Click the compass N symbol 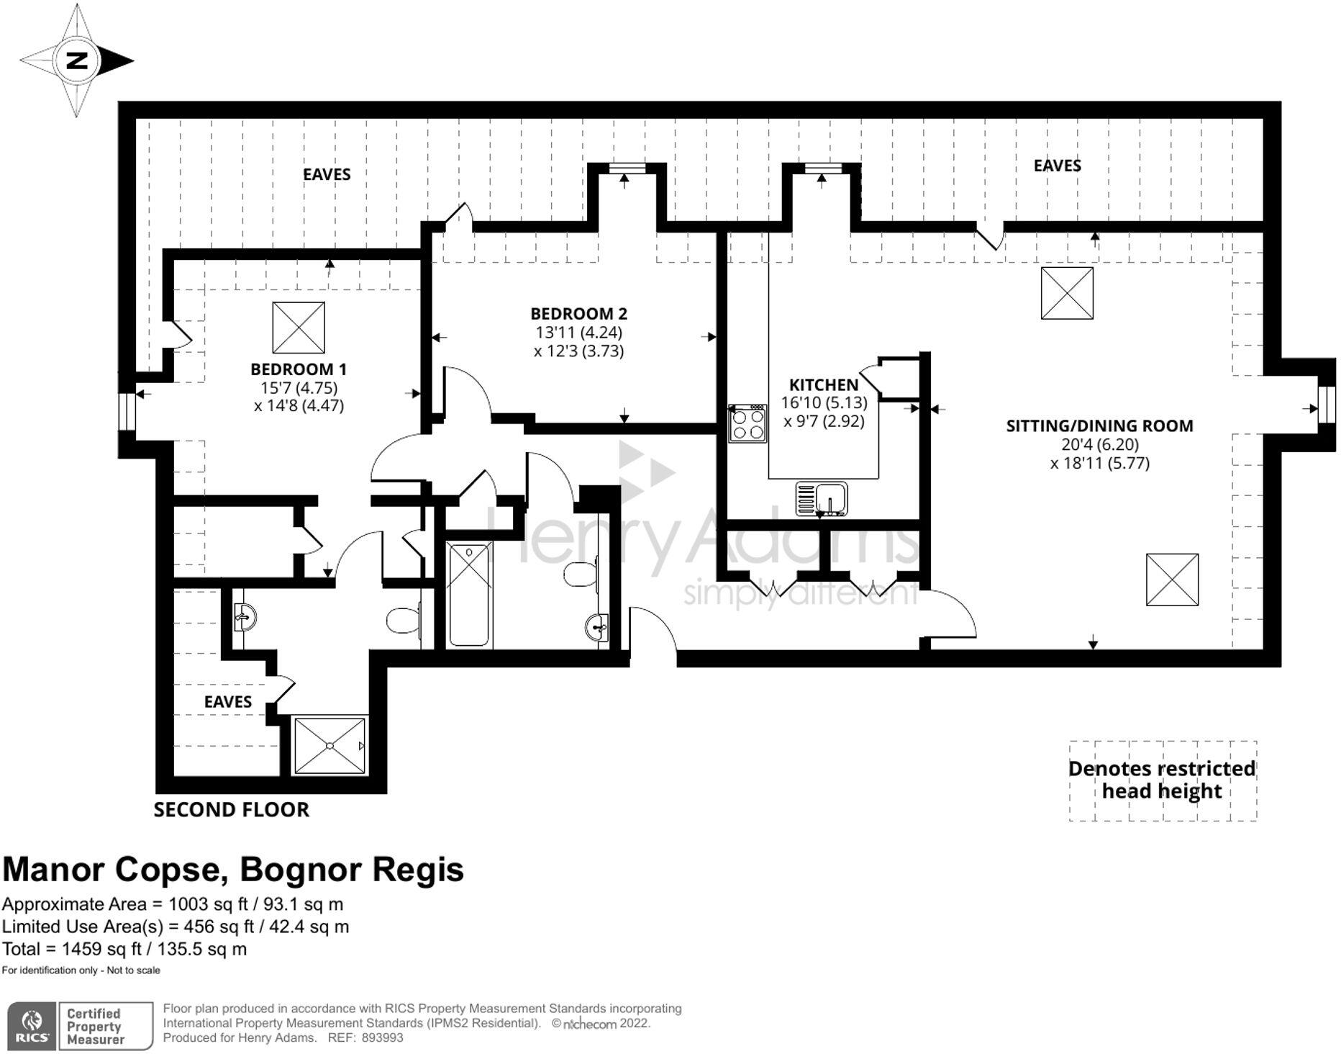click(x=76, y=60)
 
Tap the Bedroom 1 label click(x=299, y=369)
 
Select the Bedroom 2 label click(x=578, y=314)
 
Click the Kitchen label click(x=824, y=384)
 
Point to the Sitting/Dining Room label click(x=1099, y=425)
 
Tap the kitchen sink click(x=822, y=498)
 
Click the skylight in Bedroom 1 click(x=299, y=328)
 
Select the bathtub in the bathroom click(x=470, y=595)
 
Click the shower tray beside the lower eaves click(x=330, y=746)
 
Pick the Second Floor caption click(x=231, y=810)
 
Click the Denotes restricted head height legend click(x=1162, y=780)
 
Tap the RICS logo click(x=32, y=1026)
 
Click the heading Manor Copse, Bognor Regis click(x=233, y=870)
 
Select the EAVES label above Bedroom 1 click(x=327, y=174)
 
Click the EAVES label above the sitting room click(x=1057, y=166)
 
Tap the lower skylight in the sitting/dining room click(x=1172, y=580)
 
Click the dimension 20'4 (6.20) click(x=1099, y=444)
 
